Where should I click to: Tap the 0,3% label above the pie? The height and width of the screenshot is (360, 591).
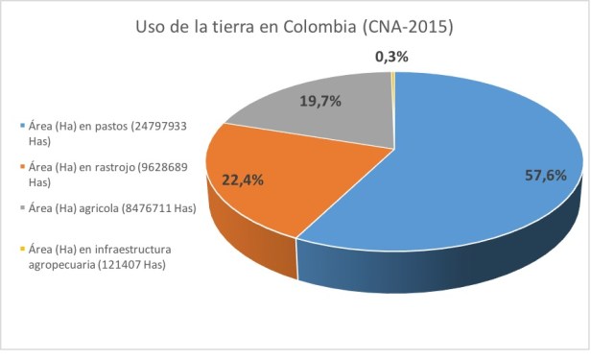coord(391,57)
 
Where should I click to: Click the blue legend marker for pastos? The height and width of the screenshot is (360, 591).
coord(21,126)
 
